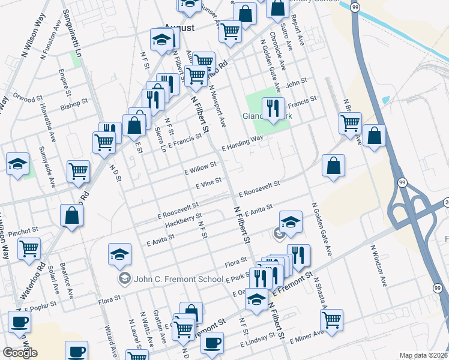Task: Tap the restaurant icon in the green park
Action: point(273,108)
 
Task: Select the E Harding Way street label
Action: point(243,143)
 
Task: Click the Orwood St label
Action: point(29,97)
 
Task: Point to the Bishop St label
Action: point(74,105)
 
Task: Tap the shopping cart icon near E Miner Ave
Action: point(331,319)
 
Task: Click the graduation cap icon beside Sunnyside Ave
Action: point(17,164)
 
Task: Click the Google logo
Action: point(19,353)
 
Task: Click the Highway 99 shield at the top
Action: point(355,7)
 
